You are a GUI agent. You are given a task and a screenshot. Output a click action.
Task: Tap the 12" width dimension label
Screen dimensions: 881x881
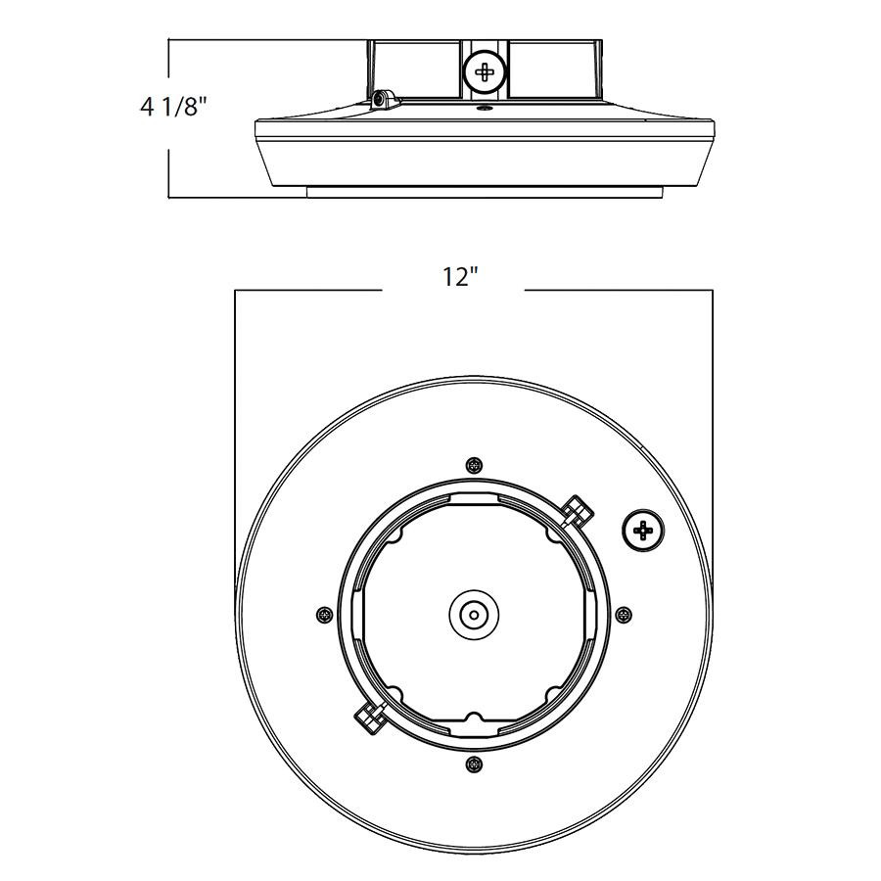tap(457, 278)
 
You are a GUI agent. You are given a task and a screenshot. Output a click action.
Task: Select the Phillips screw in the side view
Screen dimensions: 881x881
tap(484, 71)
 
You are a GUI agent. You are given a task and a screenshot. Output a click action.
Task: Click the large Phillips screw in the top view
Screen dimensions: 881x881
tap(642, 531)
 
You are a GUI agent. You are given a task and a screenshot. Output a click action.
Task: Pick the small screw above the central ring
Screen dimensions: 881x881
tap(475, 464)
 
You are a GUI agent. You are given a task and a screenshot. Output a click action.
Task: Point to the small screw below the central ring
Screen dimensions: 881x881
tap(475, 764)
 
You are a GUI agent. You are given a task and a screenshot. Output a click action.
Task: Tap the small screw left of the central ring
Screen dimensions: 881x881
tap(324, 614)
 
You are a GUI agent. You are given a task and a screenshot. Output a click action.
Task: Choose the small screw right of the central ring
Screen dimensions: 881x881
tap(625, 614)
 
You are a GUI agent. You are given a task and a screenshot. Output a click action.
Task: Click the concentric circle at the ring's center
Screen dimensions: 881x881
tap(474, 615)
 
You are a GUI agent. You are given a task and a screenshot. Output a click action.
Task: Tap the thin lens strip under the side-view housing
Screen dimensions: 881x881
tap(484, 192)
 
